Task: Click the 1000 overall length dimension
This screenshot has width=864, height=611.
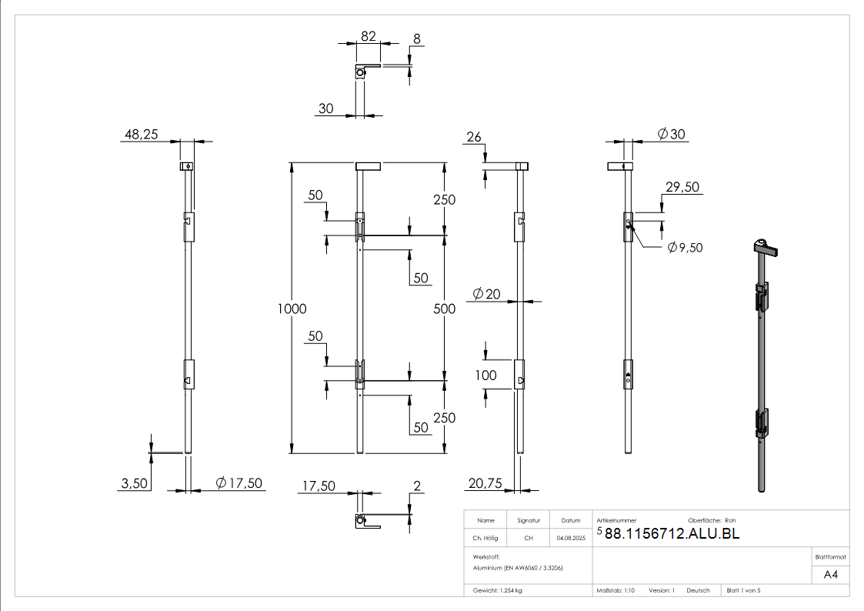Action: pos(292,309)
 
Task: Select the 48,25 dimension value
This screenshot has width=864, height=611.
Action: pos(141,135)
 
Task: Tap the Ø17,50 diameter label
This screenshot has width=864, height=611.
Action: pos(239,483)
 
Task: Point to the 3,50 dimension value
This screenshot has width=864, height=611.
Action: pos(135,483)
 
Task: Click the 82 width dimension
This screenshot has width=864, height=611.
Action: pos(368,36)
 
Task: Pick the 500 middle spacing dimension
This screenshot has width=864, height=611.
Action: pos(445,309)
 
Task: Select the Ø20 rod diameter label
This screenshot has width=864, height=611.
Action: pos(485,294)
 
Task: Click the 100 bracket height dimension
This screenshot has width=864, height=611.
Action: pos(486,376)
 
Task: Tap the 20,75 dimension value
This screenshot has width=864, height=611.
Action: pos(484,483)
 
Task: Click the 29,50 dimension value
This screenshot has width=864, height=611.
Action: pos(682,187)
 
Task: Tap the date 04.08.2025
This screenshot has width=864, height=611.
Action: pos(571,538)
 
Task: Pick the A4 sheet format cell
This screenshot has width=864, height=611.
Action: pos(831,574)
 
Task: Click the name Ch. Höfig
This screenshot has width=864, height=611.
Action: pos(486,538)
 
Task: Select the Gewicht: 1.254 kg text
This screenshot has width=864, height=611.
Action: pos(498,590)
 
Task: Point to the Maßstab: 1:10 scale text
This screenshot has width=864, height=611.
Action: pos(615,590)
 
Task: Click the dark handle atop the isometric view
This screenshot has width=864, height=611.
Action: pos(766,248)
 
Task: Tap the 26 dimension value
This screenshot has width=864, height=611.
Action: pos(474,138)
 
